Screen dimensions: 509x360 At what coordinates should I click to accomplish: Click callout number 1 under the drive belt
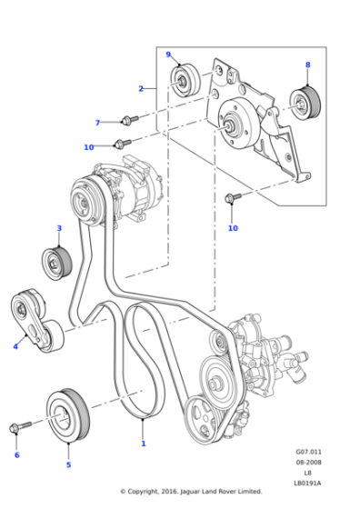143,444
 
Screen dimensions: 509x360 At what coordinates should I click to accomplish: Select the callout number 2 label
141,88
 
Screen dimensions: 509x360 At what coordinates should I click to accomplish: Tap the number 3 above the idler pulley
59,228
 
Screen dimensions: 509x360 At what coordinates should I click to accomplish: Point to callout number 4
15,345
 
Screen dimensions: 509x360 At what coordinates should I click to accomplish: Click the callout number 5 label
67,464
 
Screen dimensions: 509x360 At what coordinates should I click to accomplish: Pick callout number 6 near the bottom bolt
15,454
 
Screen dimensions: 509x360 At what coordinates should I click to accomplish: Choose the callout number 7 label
97,123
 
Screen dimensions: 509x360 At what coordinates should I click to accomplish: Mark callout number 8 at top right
307,65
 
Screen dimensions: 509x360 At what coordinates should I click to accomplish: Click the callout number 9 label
168,55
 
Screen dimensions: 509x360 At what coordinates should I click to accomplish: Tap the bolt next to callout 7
127,119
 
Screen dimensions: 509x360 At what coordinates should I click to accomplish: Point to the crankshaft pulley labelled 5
64,418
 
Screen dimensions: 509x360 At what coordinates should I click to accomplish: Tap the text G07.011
308,451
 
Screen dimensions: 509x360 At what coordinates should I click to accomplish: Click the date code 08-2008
308,462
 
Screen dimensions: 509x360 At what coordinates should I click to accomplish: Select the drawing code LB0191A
308,483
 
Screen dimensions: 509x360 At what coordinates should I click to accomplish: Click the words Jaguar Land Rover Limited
215,492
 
